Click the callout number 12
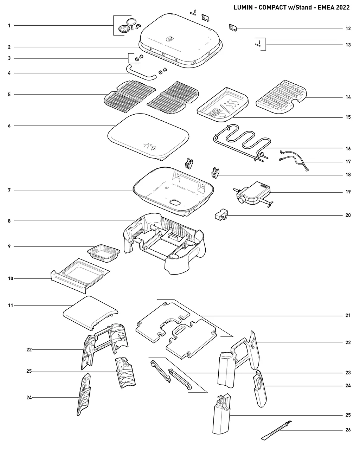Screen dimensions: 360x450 click(348, 28)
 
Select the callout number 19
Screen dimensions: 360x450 click(348, 192)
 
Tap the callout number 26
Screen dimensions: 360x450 click(348, 430)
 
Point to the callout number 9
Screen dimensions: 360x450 click(9, 246)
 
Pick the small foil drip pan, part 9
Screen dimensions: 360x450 click(104, 253)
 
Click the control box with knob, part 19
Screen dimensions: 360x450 click(253, 193)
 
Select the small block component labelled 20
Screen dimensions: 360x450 click(221, 214)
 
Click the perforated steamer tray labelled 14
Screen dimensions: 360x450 click(281, 97)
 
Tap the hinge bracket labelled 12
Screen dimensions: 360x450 click(233, 27)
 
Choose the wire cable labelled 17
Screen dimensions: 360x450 click(294, 161)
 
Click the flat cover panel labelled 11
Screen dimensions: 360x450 click(90, 313)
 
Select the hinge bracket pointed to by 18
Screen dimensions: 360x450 click(216, 173)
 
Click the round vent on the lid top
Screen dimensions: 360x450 click(169, 39)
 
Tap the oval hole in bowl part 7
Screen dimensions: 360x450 click(175, 202)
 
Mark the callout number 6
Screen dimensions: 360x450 click(9, 126)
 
